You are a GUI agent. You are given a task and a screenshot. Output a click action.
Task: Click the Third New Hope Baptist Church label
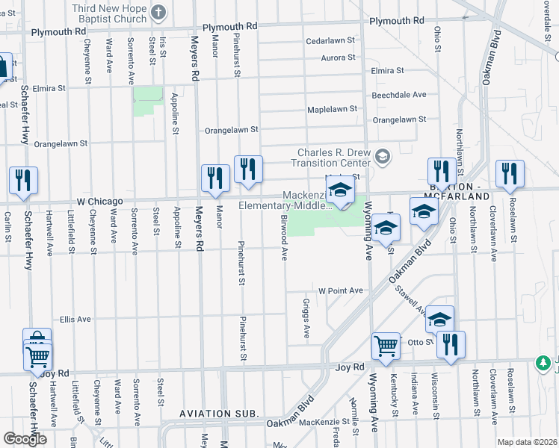(x=108, y=8)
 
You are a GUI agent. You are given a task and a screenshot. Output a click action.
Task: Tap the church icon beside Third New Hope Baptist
(x=158, y=12)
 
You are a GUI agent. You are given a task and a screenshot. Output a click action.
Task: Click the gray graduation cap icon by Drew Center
(x=383, y=156)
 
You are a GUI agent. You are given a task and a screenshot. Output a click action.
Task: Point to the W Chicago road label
(x=99, y=201)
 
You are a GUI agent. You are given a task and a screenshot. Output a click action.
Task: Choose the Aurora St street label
(x=339, y=57)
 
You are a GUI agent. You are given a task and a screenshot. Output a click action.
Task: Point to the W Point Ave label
(x=340, y=290)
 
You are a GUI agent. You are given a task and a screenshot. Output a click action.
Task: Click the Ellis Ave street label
(x=75, y=319)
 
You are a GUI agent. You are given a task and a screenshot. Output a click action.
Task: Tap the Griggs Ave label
(x=306, y=320)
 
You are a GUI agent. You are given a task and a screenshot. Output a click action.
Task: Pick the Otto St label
(x=416, y=342)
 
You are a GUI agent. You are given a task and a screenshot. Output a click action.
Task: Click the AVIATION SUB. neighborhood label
(x=219, y=413)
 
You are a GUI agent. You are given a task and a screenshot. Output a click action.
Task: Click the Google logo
(x=25, y=438)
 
